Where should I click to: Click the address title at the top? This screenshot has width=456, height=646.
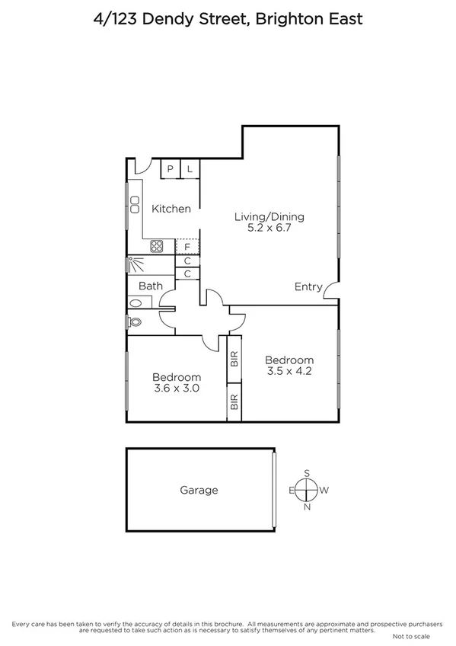pos(228,18)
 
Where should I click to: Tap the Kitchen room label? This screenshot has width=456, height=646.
pos(171,209)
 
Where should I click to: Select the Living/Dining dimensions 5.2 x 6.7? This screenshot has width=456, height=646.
pos(263,227)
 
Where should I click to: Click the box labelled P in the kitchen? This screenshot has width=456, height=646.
pos(171,169)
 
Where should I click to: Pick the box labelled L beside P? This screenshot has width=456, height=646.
pos(190,169)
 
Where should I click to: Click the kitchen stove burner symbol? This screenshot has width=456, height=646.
pos(157,246)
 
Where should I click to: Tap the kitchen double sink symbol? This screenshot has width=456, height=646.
pos(134,204)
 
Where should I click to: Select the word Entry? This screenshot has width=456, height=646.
pos(308,286)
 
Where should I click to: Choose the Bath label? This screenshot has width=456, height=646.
pos(150,286)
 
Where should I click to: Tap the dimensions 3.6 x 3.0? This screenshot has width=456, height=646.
pos(176,389)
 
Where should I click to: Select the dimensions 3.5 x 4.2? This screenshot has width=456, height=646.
pos(289,372)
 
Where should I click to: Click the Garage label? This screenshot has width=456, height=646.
pos(199,490)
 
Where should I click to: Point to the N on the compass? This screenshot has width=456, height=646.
pos(308,507)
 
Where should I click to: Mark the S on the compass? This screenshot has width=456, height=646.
pos(308,473)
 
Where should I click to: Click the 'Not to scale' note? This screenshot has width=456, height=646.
pos(411,636)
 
